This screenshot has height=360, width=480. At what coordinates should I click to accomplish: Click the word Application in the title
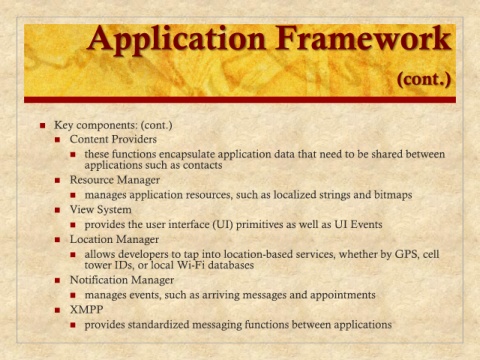pyautogui.click(x=177, y=40)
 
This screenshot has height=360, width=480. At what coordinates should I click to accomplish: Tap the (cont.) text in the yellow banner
pyautogui.click(x=424, y=80)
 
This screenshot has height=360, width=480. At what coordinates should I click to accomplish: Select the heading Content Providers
pyautogui.click(x=113, y=139)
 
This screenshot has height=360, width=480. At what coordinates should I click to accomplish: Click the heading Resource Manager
pyautogui.click(x=115, y=180)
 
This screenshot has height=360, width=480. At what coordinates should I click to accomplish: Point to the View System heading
pyautogui.click(x=100, y=210)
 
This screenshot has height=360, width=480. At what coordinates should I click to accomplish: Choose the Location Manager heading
pyautogui.click(x=114, y=239)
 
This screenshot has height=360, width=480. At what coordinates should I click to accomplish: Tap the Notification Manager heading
pyautogui.click(x=122, y=280)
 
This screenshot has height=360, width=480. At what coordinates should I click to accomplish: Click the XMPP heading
pyautogui.click(x=86, y=310)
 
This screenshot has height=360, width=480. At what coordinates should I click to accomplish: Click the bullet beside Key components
pyautogui.click(x=42, y=126)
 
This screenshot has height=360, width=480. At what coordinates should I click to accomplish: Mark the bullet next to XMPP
pyautogui.click(x=58, y=310)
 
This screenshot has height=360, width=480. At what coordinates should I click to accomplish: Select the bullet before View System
pyautogui.click(x=58, y=210)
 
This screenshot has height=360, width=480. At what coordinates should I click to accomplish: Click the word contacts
pyautogui.click(x=202, y=165)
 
